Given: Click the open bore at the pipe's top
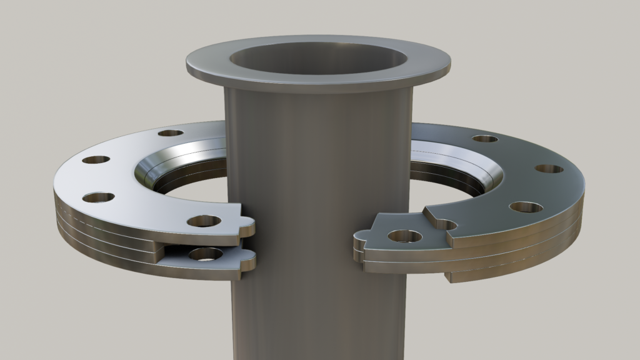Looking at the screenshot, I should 318,59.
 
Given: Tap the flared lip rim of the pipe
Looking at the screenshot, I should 318,80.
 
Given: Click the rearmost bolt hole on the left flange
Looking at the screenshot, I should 171,132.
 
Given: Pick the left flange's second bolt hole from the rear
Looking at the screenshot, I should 96,159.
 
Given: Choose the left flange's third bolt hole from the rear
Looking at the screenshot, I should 98,197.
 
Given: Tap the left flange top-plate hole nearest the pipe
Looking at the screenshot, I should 204,221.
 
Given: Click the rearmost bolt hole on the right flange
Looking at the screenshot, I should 484,139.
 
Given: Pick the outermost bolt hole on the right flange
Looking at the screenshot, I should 549,169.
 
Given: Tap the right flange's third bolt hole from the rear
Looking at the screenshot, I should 525,207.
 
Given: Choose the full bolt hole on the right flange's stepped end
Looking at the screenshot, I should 404,236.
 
